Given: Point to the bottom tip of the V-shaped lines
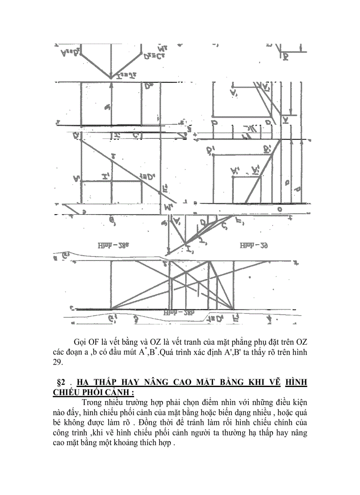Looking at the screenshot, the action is click(112, 76).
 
